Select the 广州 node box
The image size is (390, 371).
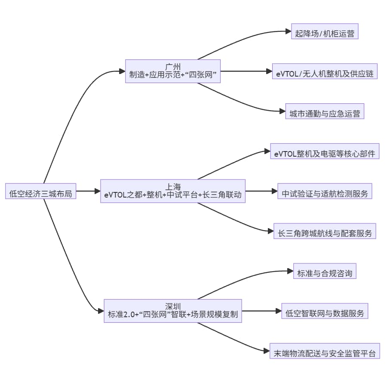172,71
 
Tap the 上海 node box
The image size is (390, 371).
172,191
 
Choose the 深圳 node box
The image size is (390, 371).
172,311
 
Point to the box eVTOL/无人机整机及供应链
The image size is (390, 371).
325,71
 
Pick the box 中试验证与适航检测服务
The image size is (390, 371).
325,191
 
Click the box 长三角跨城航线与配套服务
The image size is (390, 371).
325,231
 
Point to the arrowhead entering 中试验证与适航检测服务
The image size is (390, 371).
274,191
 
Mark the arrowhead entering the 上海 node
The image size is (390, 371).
97,191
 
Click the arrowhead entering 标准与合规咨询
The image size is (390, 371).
290,271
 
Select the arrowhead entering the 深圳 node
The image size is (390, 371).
101,311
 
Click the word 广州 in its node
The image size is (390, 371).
172,67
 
